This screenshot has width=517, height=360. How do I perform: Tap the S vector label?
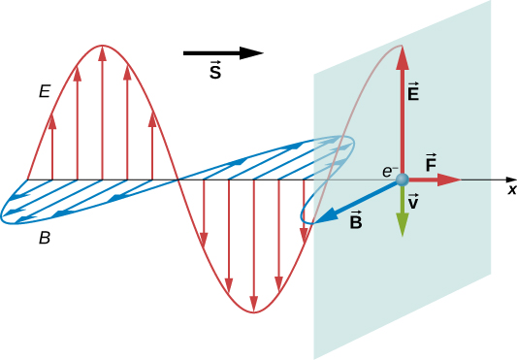pyautogui.click(x=214, y=74)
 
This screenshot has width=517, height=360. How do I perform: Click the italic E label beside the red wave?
pyautogui.click(x=44, y=92)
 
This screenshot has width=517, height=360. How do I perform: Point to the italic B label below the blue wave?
pyautogui.click(x=44, y=236)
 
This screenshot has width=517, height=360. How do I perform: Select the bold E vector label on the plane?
pyautogui.click(x=413, y=93)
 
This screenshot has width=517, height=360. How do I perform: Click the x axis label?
pyautogui.click(x=511, y=189)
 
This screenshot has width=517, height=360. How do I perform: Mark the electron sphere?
pyautogui.click(x=402, y=180)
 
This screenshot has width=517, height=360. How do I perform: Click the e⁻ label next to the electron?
pyautogui.click(x=388, y=172)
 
